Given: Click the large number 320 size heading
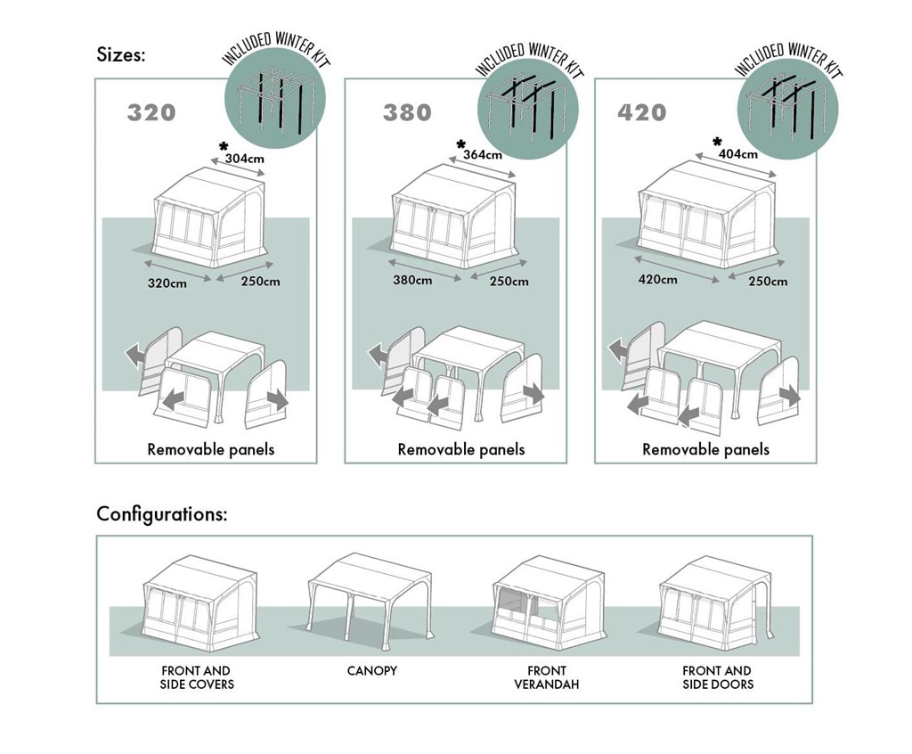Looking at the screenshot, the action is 151,112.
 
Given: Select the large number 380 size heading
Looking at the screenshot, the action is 407,112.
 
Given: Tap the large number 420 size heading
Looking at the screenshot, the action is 641,112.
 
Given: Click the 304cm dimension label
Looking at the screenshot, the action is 244,159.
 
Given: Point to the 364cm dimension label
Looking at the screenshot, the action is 483,155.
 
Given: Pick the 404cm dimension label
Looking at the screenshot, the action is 738,154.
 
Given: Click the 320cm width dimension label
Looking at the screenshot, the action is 167,283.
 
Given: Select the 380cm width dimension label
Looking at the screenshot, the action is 412,280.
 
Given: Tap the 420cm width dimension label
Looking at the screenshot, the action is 658,280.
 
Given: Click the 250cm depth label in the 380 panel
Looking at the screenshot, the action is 509,282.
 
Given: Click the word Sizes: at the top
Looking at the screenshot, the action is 121,54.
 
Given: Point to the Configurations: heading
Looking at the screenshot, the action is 162,514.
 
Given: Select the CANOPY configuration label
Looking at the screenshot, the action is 372,671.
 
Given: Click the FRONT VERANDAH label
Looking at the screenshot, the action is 547,677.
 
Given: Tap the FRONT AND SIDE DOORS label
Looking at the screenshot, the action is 718,677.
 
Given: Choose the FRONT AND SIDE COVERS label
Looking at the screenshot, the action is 197,677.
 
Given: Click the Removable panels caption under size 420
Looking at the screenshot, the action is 705,449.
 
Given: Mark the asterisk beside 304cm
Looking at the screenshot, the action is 224,147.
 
